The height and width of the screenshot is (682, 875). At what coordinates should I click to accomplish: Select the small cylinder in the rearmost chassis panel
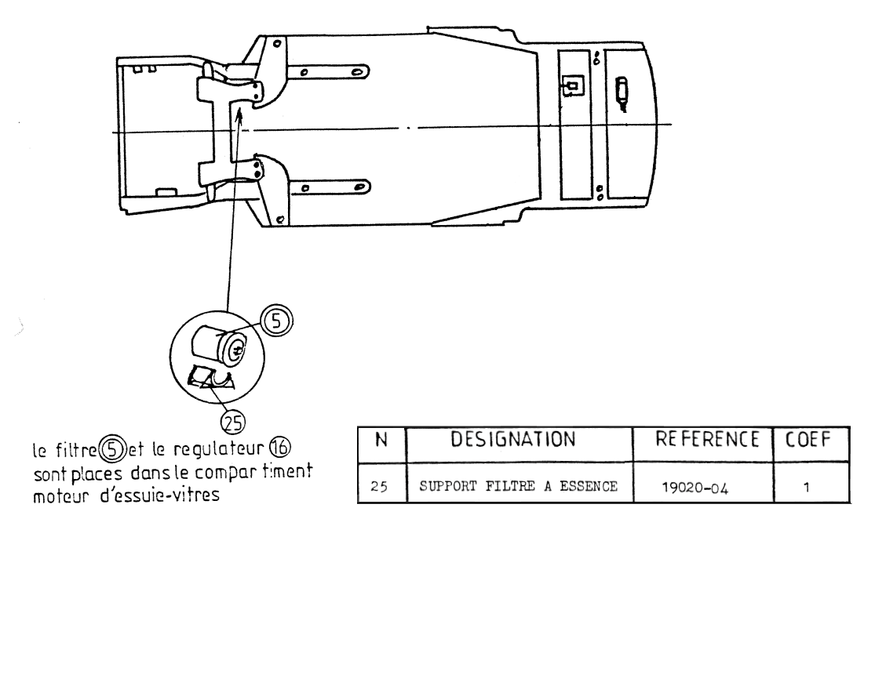(x=622, y=89)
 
